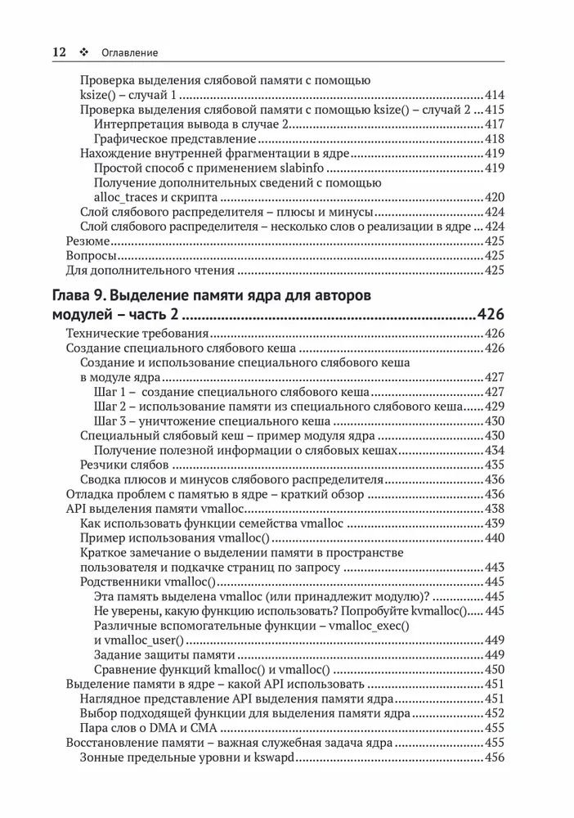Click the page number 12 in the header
click(x=58, y=52)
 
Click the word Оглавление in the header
click(x=129, y=52)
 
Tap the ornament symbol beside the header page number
click(x=83, y=52)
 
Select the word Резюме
click(x=87, y=241)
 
